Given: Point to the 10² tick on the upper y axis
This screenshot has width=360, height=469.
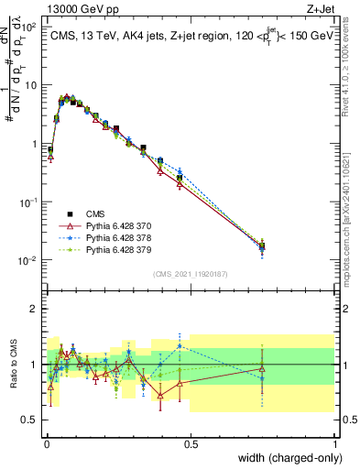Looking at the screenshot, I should coord(27,27).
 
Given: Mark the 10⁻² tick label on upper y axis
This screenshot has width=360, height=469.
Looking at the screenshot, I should coord(27,260).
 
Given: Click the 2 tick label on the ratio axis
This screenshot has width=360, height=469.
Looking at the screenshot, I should coord(35,309).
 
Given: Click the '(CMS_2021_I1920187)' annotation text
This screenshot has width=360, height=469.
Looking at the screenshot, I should coord(191,274).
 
